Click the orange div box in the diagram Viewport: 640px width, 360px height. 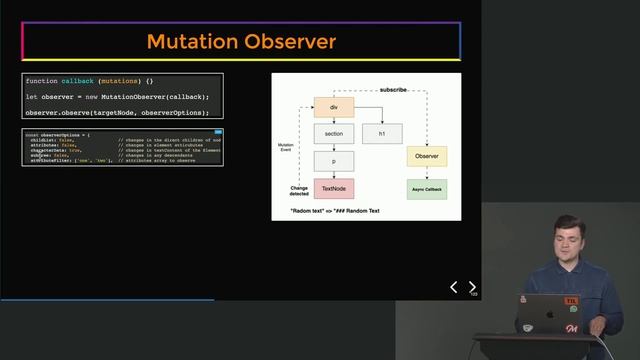pyautogui.click(x=333, y=107)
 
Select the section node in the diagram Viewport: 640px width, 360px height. pyautogui.click(x=333, y=133)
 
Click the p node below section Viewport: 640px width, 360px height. pyautogui.click(x=333, y=160)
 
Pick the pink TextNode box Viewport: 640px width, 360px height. pyautogui.click(x=333, y=187)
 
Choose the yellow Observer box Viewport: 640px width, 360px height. pyautogui.click(x=427, y=157)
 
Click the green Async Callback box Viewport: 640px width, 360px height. pyautogui.click(x=427, y=187)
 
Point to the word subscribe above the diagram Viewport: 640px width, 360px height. pyautogui.click(x=393, y=90)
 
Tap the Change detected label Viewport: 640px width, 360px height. pyautogui.click(x=299, y=190)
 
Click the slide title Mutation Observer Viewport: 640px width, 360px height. pyautogui.click(x=241, y=42)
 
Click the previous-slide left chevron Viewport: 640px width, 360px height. pyautogui.click(x=453, y=287)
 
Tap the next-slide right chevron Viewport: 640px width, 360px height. pyautogui.click(x=472, y=287)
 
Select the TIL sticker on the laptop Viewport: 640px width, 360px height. pyautogui.click(x=571, y=300)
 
